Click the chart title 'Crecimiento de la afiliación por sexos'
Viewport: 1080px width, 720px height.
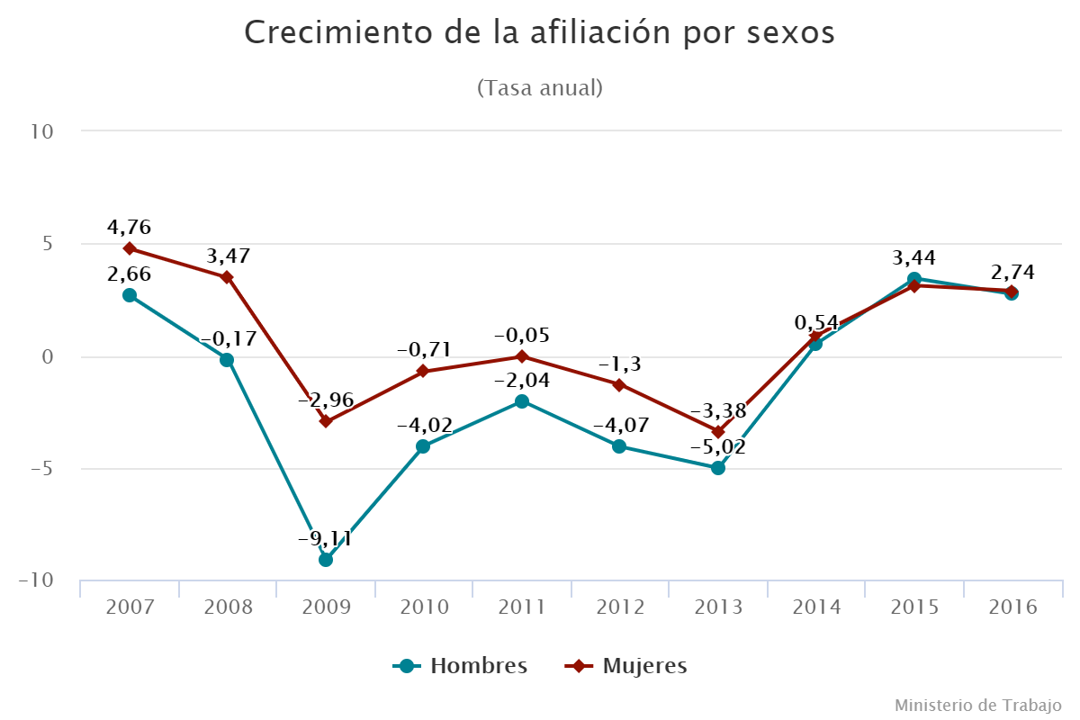click(540, 33)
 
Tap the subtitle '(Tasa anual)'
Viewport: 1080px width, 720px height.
click(540, 88)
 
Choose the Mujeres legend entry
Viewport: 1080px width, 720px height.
click(627, 666)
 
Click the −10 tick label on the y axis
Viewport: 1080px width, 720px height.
click(37, 580)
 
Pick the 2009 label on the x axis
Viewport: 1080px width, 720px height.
click(326, 607)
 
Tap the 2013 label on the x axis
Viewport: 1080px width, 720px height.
click(718, 607)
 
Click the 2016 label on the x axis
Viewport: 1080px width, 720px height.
click(1012, 607)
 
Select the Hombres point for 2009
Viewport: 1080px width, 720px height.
click(326, 560)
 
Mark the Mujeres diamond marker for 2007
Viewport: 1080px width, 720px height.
click(130, 248)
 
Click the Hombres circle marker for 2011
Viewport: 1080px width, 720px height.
click(522, 401)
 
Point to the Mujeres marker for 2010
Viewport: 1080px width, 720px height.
click(423, 372)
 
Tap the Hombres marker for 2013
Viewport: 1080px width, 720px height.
click(718, 468)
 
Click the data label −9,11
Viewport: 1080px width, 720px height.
click(325, 540)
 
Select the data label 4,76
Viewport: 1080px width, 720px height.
click(129, 227)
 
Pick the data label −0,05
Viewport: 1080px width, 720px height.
click(521, 336)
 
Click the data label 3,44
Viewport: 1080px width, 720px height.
click(913, 258)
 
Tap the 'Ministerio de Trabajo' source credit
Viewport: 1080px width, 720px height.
click(978, 704)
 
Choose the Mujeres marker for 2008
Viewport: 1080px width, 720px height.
click(228, 277)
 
